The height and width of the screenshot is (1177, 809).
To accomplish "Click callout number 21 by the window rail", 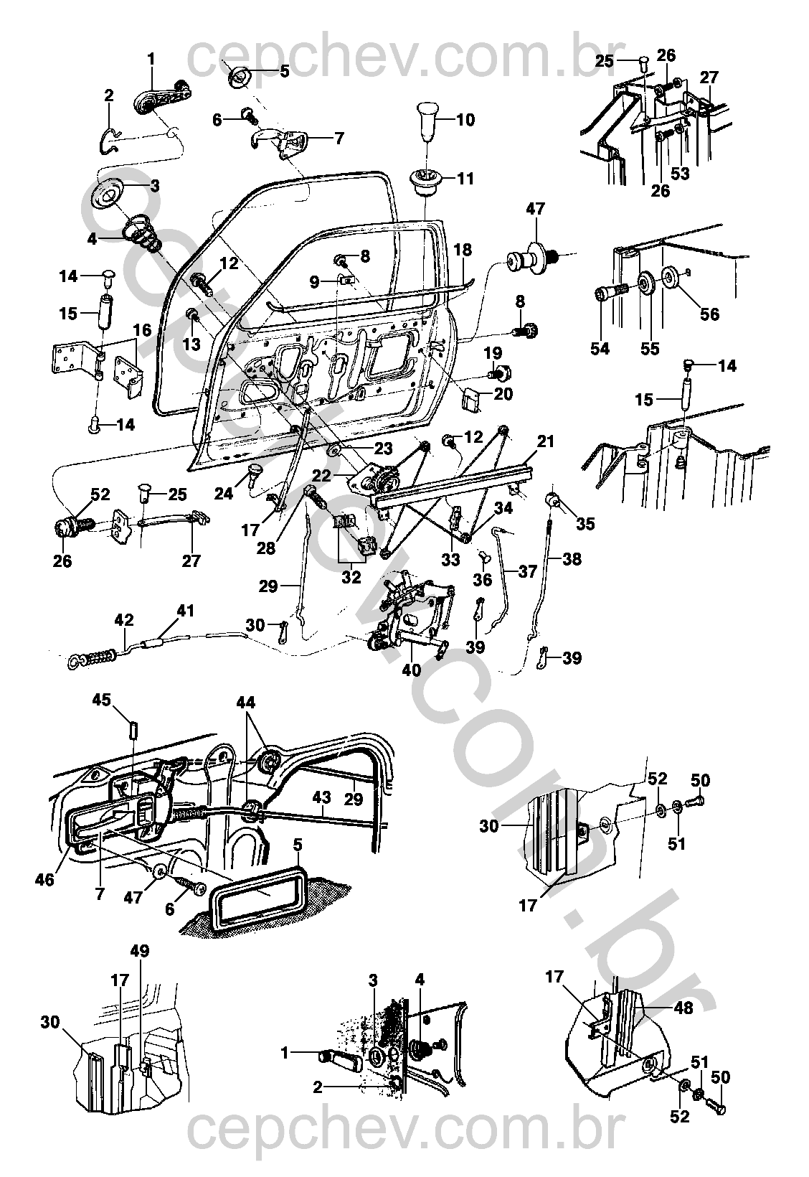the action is coord(545,441).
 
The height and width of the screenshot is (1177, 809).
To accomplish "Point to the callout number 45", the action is coord(102,700).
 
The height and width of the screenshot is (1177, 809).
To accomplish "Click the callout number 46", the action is coord(45,879).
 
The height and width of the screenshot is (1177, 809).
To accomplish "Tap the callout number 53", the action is coord(680,173).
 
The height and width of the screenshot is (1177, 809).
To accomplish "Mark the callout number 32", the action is coord(351,577).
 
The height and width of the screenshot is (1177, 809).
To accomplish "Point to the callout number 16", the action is coord(141,330).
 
